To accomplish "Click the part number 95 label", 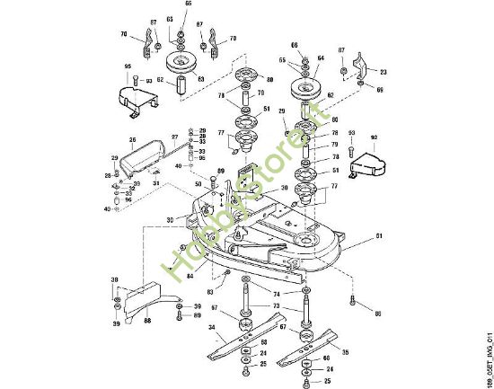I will [128, 66].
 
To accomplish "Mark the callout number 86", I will [378, 314].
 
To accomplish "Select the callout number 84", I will [190, 276].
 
